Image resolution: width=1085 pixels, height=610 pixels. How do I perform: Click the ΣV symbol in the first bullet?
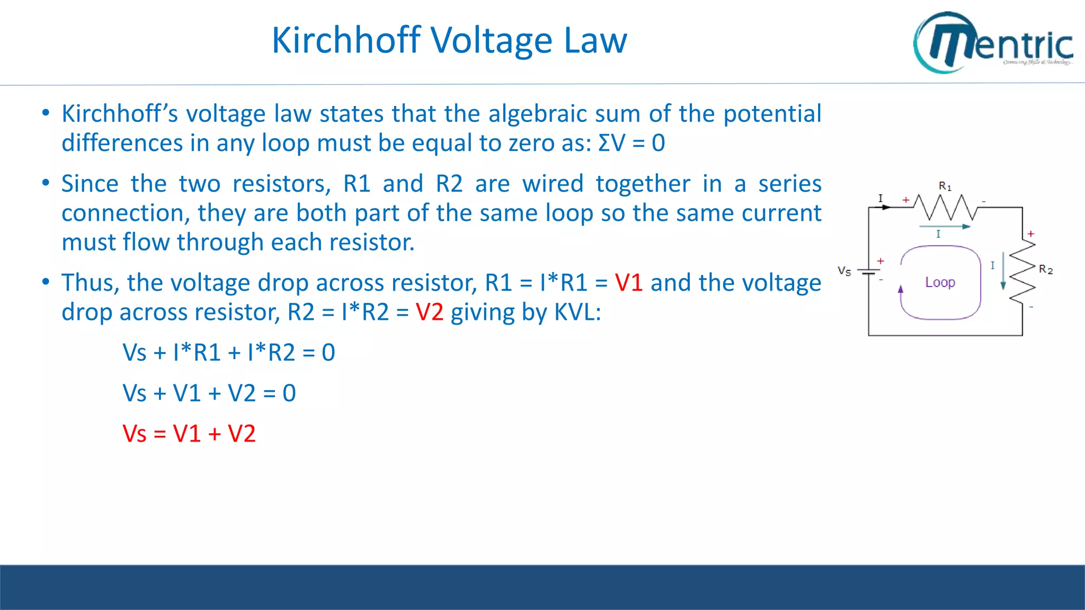(612, 143)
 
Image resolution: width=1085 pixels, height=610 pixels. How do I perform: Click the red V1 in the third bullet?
(628, 283)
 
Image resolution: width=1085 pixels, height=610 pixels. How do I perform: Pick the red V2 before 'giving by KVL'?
(429, 312)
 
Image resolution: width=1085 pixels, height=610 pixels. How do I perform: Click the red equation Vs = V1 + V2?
(189, 434)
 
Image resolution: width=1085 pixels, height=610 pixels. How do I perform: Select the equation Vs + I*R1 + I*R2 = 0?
(229, 353)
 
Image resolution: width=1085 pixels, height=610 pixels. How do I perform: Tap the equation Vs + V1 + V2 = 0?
(209, 393)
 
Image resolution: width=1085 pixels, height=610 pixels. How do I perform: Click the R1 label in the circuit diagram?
(945, 186)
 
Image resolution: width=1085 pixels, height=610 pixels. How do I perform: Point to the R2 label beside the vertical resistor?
(1045, 270)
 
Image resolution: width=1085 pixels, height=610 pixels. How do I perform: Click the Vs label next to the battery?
(844, 271)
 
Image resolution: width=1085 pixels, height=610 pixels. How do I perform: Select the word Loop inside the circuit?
(940, 282)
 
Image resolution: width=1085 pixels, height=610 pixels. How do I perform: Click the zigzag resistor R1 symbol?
(946, 207)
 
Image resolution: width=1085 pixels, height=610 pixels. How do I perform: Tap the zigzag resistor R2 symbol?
(1022, 271)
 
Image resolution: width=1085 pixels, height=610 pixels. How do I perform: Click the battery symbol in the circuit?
(868, 272)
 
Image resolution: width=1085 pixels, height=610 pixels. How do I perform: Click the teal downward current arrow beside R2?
(1003, 271)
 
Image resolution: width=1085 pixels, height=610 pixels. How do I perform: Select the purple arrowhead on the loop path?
(901, 289)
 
